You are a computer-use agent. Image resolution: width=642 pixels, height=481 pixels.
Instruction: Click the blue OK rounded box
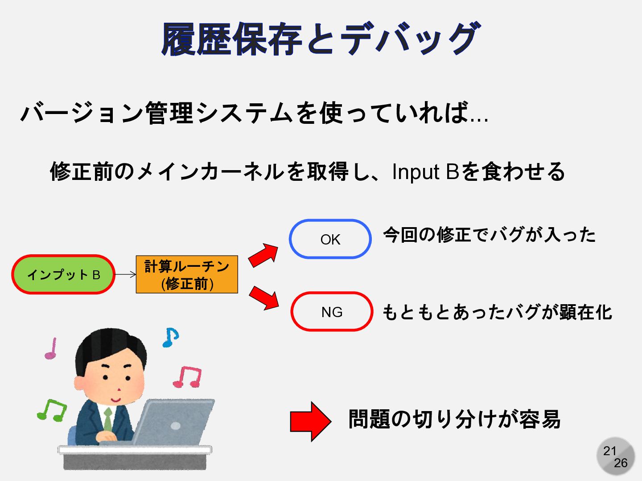[x=330, y=239]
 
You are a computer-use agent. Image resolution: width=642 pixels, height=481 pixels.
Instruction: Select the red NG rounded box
[x=331, y=312]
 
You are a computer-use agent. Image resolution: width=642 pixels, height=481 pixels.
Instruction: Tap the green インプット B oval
[x=63, y=274]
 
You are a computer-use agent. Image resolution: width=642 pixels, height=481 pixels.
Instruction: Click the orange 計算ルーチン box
[x=187, y=274]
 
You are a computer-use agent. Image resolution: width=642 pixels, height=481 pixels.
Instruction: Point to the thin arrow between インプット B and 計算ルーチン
[x=125, y=274]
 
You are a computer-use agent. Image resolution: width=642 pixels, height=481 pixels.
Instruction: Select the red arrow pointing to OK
[x=263, y=255]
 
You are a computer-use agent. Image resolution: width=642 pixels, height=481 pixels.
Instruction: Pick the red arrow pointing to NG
[x=264, y=298]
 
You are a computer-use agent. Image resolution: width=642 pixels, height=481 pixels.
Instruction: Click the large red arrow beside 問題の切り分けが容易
[x=310, y=421]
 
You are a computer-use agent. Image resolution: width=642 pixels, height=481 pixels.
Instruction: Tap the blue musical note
[x=170, y=337]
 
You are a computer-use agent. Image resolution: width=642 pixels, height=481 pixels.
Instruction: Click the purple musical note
[x=51, y=349]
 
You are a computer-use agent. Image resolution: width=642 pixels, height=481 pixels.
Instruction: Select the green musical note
[x=52, y=410]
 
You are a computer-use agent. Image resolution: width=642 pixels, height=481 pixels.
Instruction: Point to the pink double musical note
[x=188, y=377]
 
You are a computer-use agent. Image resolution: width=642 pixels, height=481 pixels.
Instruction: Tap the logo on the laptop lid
[x=175, y=426]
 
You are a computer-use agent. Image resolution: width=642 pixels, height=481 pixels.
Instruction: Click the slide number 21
[x=609, y=451]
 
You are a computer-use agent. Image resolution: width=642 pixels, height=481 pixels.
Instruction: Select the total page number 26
[x=621, y=463]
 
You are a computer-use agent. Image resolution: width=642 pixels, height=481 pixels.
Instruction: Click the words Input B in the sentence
[x=425, y=172]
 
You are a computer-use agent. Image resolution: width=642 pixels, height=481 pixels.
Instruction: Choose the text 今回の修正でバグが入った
[x=489, y=235]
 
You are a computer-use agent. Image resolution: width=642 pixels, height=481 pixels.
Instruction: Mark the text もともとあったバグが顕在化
[x=497, y=312]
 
